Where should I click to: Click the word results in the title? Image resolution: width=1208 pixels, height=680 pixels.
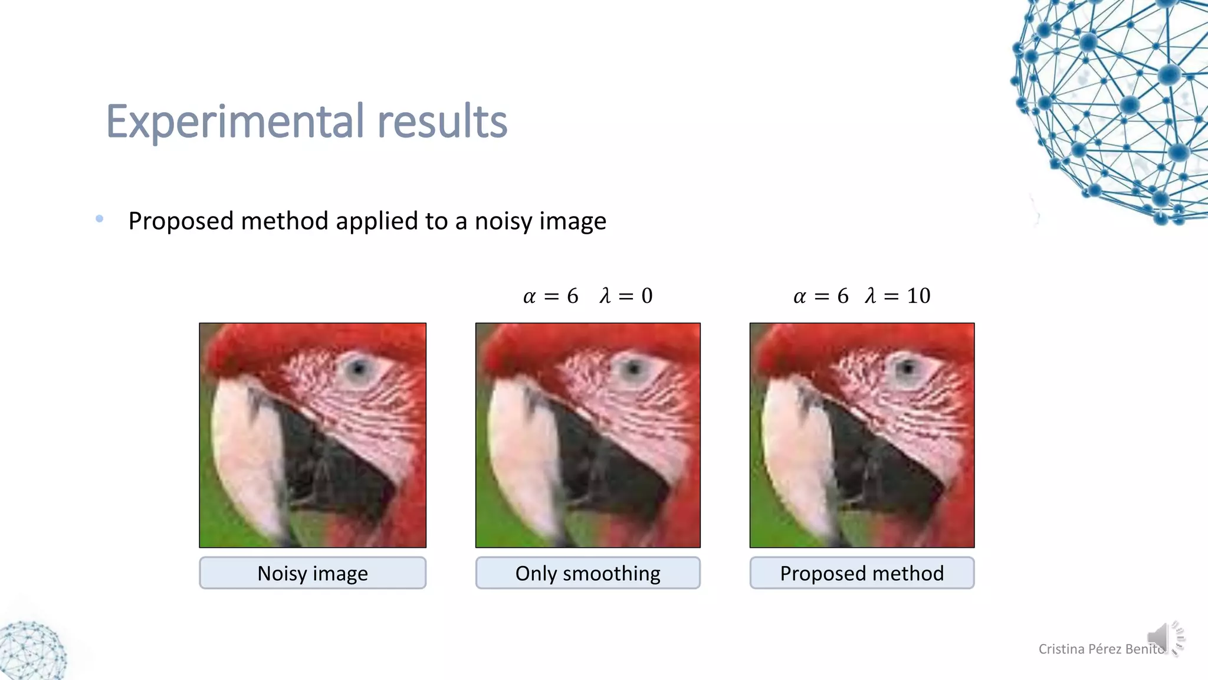click(442, 122)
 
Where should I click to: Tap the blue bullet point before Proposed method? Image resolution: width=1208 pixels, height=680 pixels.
click(100, 219)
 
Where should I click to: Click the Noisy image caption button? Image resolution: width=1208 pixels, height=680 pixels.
click(313, 573)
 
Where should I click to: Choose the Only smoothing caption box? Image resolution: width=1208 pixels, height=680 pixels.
click(587, 573)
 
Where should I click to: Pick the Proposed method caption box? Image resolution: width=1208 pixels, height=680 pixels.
click(862, 573)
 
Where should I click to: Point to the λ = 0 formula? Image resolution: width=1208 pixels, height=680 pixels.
click(626, 296)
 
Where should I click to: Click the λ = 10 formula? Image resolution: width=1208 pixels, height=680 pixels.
click(897, 296)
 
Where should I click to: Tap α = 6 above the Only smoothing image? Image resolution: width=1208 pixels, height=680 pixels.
click(550, 296)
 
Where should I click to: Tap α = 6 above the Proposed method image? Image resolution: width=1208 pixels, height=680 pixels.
click(820, 296)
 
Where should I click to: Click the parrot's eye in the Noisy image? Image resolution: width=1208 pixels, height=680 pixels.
click(358, 370)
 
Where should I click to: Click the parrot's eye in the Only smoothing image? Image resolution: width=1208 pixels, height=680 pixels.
click(633, 370)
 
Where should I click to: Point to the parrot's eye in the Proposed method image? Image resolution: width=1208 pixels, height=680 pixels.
click(907, 370)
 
